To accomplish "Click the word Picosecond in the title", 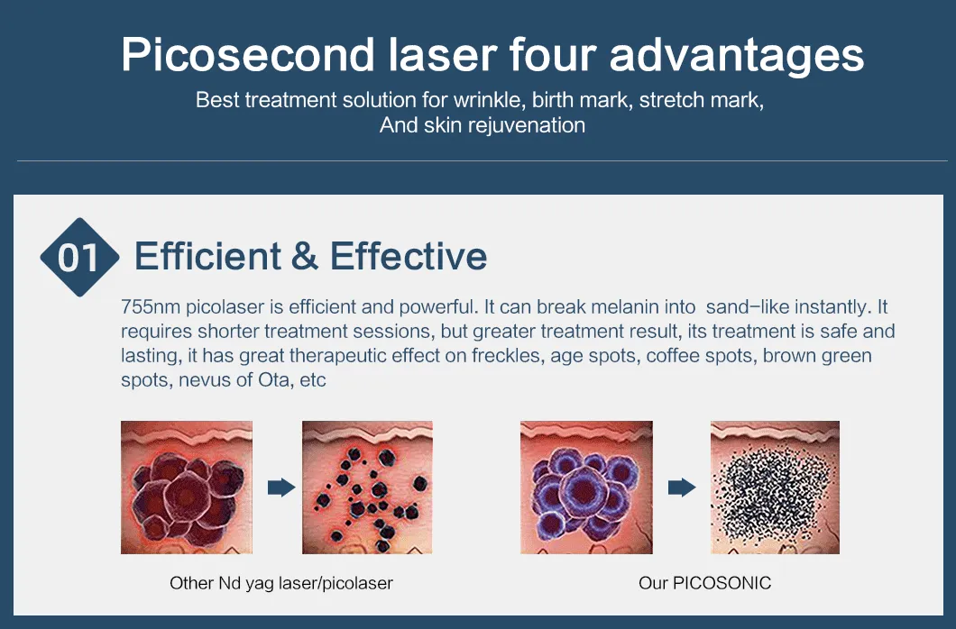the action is click(247, 55).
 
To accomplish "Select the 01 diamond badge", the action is click(79, 257).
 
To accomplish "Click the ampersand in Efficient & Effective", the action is click(305, 256).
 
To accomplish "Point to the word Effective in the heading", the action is click(409, 256).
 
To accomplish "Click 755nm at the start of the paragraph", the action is click(151, 307).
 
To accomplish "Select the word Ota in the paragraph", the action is click(274, 380).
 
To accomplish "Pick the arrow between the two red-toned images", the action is click(281, 488).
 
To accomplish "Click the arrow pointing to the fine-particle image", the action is click(682, 488).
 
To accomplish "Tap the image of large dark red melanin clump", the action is click(187, 488).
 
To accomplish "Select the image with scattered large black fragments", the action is click(368, 488).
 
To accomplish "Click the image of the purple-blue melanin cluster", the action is click(586, 488).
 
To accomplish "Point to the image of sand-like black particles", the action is click(775, 488).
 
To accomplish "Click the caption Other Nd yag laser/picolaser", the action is click(281, 583).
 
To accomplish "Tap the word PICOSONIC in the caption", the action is click(722, 583).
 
